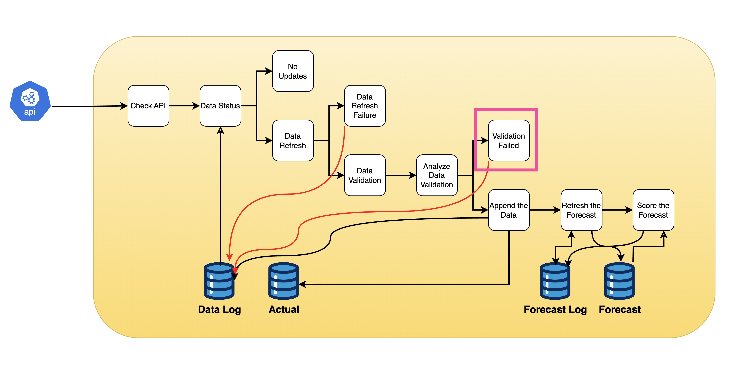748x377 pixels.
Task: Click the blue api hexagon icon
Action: pos(30,101)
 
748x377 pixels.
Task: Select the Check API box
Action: pos(148,106)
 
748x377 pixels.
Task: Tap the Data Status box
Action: pos(220,106)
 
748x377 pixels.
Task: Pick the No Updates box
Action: pos(293,71)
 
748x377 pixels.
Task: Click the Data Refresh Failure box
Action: pos(365,106)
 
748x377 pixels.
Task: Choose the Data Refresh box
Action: pos(293,141)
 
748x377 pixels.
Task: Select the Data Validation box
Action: pos(365,175)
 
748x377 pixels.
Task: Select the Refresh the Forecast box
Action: pos(581,210)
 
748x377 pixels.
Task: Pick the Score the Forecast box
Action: pos(653,210)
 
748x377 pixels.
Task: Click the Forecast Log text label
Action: pos(555,310)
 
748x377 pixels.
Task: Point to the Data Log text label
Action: pos(219,310)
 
